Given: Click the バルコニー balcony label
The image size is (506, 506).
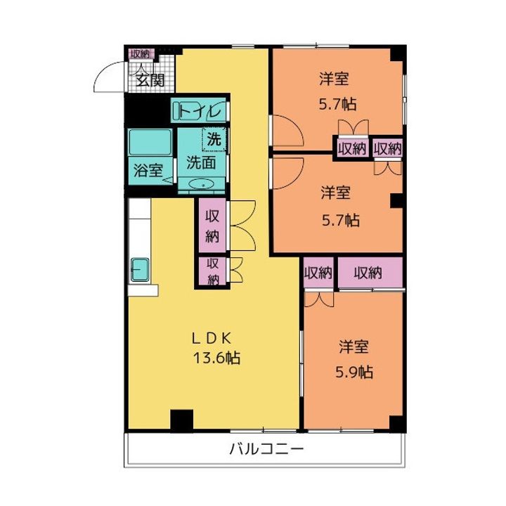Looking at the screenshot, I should pyautogui.click(x=266, y=449).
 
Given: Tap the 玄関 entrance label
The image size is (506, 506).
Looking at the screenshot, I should pyautogui.click(x=150, y=79).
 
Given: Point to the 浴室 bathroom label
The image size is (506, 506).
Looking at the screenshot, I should pyautogui.click(x=148, y=170).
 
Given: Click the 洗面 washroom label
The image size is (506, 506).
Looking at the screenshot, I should pyautogui.click(x=200, y=162).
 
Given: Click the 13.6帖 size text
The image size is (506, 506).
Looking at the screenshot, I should pyautogui.click(x=217, y=358).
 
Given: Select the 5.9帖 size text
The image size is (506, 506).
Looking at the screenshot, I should pyautogui.click(x=355, y=370).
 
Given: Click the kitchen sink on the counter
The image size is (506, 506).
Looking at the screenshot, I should pyautogui.click(x=139, y=269).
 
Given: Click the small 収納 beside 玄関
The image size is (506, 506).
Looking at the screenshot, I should pyautogui.click(x=139, y=53).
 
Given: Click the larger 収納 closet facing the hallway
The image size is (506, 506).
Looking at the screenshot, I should pyautogui.click(x=212, y=226).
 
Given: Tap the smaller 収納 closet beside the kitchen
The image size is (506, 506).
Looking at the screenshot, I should pyautogui.click(x=212, y=271).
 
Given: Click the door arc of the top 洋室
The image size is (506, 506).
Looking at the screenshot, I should pyautogui.click(x=286, y=130).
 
